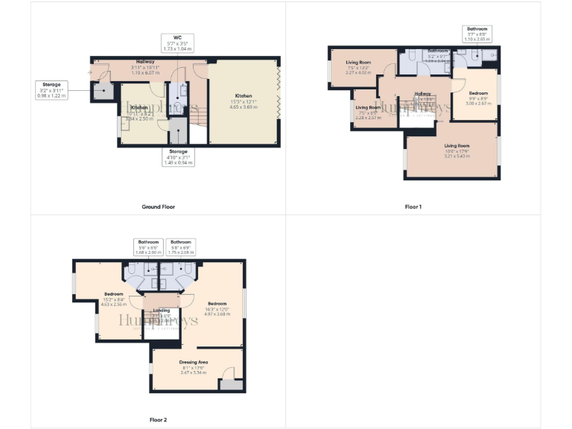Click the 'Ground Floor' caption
[158, 206]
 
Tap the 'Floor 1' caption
[413, 206]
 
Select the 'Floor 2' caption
[158, 420]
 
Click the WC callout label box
[177, 43]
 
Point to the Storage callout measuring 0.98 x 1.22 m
[52, 90]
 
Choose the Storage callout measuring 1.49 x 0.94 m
[178, 156]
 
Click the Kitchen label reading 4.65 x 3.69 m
[244, 101]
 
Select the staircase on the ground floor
[197, 119]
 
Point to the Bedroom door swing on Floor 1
[459, 83]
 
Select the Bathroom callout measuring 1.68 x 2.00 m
[147, 247]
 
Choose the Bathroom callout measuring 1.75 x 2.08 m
[181, 247]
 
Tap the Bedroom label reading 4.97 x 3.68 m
[217, 308]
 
